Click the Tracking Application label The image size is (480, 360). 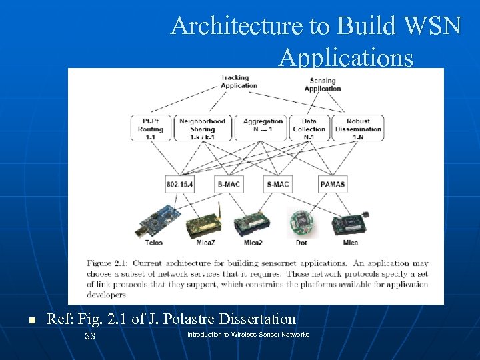(x=235, y=81)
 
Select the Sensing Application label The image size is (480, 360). (x=323, y=84)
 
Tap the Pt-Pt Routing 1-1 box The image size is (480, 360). (x=151, y=128)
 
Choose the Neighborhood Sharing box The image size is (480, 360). (x=202, y=128)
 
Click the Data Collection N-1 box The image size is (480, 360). (x=309, y=128)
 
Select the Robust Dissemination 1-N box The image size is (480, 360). (x=359, y=128)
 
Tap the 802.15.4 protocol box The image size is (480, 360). (x=179, y=184)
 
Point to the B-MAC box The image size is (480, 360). (x=228, y=184)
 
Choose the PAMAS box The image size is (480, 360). (x=333, y=184)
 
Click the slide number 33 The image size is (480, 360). (x=90, y=336)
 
